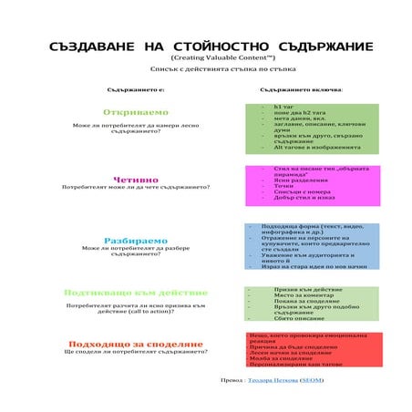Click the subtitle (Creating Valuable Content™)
[206, 57]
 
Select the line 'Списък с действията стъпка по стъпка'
[206, 69]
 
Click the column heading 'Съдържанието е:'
[135, 91]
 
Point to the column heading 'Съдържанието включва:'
[301, 91]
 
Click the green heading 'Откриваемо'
[135, 112]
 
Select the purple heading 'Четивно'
[135, 180]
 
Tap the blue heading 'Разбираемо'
[135, 241]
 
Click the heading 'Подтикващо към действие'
[135, 294]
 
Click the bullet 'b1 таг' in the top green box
[283, 106]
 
